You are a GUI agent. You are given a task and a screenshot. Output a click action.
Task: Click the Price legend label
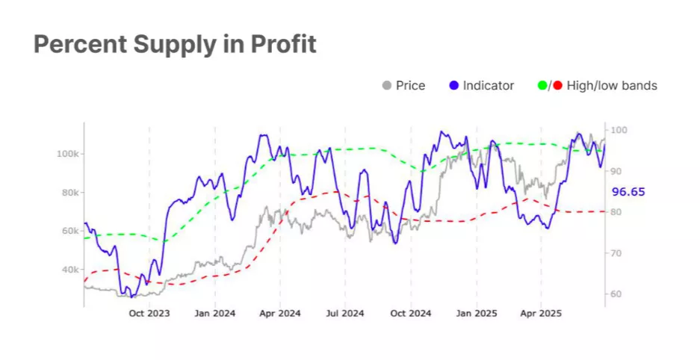(x=410, y=86)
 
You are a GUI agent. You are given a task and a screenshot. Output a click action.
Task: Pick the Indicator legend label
(x=488, y=86)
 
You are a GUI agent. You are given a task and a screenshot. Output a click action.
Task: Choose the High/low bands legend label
(x=612, y=86)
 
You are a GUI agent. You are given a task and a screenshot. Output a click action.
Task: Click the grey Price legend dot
(x=386, y=86)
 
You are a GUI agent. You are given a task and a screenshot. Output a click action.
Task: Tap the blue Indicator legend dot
(x=453, y=86)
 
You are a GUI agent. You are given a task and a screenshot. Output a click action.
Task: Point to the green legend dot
(x=542, y=86)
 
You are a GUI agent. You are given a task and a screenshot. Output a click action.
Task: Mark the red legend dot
(x=557, y=86)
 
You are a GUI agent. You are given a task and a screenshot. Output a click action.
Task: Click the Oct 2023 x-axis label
(x=149, y=314)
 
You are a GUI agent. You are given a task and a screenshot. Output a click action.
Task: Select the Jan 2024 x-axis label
(x=214, y=314)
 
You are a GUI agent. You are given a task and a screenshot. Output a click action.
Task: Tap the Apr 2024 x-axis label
(x=279, y=314)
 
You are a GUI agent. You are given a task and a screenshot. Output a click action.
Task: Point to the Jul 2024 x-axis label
(x=344, y=314)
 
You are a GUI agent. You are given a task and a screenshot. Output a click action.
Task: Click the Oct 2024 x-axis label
(x=410, y=314)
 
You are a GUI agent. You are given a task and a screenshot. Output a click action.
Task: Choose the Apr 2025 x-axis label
(x=540, y=314)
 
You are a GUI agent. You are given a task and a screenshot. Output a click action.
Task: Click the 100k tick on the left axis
(x=68, y=153)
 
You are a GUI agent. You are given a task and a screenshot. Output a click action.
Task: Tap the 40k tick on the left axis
(x=69, y=270)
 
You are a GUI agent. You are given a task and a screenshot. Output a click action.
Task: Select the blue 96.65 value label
(x=628, y=192)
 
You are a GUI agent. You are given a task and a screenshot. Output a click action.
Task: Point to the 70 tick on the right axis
(x=618, y=253)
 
